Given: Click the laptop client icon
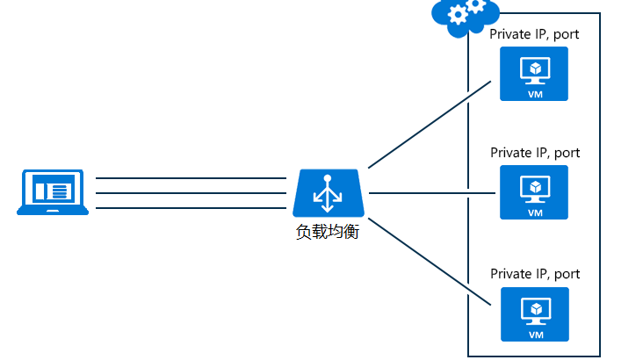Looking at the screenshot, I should (53, 192).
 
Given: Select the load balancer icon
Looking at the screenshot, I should (328, 192).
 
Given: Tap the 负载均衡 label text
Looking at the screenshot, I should (328, 233).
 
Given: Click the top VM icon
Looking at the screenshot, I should (534, 74).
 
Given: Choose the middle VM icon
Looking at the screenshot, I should (534, 191).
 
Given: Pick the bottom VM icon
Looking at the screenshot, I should (534, 313).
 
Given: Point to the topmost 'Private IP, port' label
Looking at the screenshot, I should (534, 34).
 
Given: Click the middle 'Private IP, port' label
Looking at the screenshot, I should (534, 153).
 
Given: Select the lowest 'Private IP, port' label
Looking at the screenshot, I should (534, 274).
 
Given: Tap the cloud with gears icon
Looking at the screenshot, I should (464, 17).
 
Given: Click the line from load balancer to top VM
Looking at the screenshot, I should (429, 124).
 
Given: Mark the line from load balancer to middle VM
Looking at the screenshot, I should (430, 193).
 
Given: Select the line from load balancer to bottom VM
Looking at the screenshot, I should (429, 262).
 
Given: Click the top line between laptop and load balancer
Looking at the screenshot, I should (191, 178).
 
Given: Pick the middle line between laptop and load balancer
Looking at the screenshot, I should (191, 193).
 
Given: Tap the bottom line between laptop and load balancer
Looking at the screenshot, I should (191, 208).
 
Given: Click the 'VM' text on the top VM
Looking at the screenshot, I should (534, 93).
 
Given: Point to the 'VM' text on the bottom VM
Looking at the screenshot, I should (534, 334).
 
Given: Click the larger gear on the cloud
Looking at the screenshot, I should (457, 14).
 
